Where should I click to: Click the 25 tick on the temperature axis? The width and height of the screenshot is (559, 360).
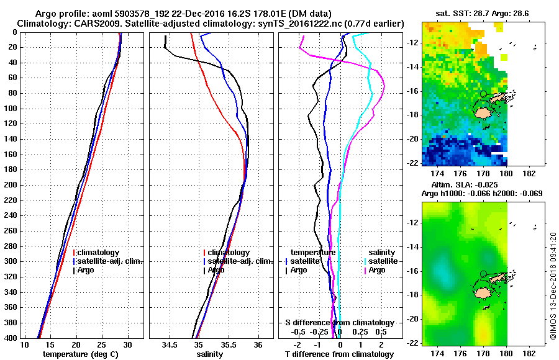pos(102,345)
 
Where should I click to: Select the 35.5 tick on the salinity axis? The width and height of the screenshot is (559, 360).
pos(228,345)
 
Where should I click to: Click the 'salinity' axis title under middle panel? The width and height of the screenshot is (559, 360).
pos(211,354)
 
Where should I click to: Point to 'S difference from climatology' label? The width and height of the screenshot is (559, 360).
pos(339,323)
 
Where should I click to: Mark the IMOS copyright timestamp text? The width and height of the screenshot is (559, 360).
pos(553,286)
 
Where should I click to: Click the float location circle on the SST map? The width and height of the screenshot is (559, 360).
pos(484,94)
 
